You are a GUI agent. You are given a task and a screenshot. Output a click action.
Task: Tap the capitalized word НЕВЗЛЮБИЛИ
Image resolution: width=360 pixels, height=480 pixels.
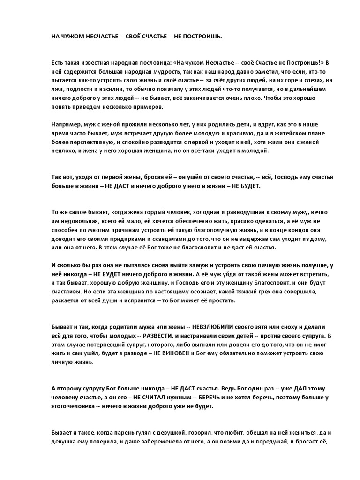coord(183,326)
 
